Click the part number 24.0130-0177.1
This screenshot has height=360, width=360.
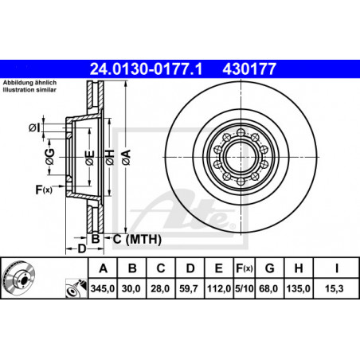(x=146, y=69)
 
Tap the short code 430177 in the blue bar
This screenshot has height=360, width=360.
(x=249, y=69)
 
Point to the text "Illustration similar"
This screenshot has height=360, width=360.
(x=29, y=90)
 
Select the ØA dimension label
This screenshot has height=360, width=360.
(x=127, y=158)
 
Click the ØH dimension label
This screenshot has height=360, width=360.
(x=110, y=158)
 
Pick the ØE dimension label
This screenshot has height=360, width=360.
(x=90, y=158)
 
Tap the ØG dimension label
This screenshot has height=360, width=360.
(x=49, y=157)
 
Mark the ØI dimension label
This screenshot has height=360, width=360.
(x=34, y=128)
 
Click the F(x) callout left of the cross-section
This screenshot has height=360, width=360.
(x=44, y=190)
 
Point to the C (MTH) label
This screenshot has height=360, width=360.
(x=137, y=240)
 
